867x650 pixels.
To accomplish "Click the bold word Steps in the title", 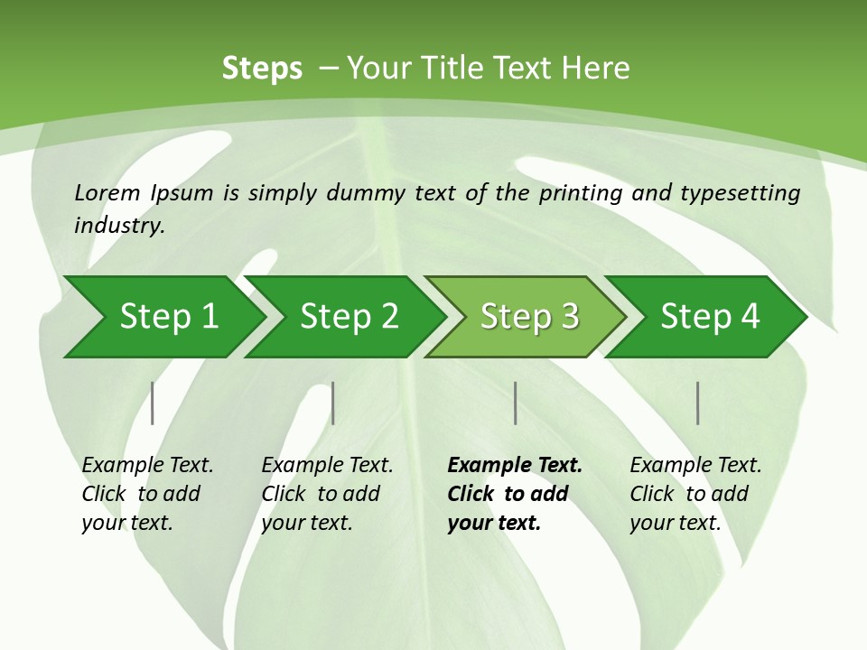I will pyautogui.click(x=262, y=69).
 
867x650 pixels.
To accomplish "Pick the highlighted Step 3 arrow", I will pyautogui.click(x=529, y=317).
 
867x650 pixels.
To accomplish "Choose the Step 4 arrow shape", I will pyautogui.click(x=710, y=317).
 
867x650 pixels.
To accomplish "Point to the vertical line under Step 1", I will pyautogui.click(x=152, y=403).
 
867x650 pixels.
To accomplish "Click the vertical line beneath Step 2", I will pyautogui.click(x=333, y=403).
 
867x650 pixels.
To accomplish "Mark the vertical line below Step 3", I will pyautogui.click(x=516, y=403).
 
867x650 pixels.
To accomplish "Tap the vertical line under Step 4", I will pyautogui.click(x=698, y=403).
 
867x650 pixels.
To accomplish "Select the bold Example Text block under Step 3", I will pyautogui.click(x=515, y=494).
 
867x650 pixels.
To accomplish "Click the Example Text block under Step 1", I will pyautogui.click(x=147, y=494).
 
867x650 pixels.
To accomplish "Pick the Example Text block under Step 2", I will pyautogui.click(x=327, y=494).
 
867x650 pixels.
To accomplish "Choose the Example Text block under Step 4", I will pyautogui.click(x=695, y=494).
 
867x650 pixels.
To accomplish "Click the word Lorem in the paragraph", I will pyautogui.click(x=107, y=192).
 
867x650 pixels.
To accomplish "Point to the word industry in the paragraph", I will pyautogui.click(x=118, y=226).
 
